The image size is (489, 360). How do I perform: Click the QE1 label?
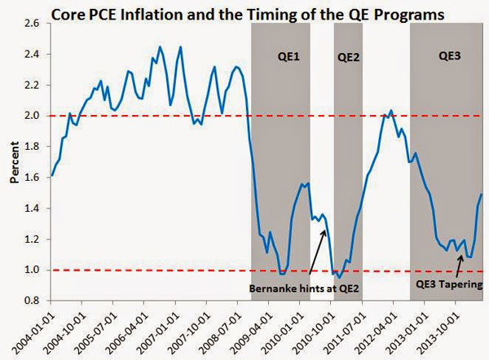(280, 57)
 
